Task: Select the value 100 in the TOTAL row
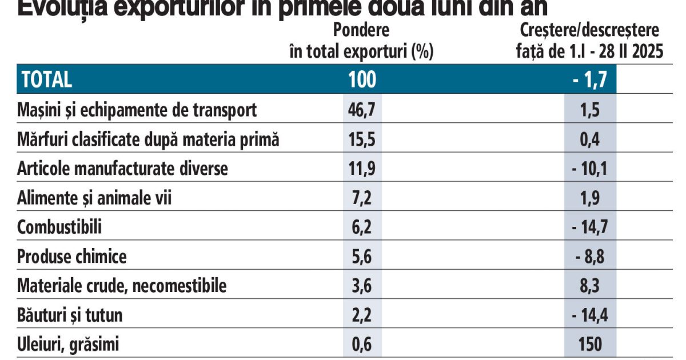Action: [x=362, y=80]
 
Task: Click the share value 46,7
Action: [x=362, y=110]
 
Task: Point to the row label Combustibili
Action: [x=59, y=227]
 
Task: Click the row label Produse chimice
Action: [x=72, y=257]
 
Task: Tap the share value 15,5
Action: [x=362, y=139]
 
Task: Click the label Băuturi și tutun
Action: [x=70, y=315]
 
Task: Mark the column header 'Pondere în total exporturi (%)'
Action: [x=361, y=41]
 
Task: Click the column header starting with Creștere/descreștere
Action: [x=589, y=41]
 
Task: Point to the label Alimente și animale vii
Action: [x=94, y=198]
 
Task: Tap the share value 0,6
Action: [x=362, y=345]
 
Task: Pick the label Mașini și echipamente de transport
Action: [x=137, y=110]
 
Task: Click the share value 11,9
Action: [x=362, y=169]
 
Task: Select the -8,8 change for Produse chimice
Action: [x=589, y=257]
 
